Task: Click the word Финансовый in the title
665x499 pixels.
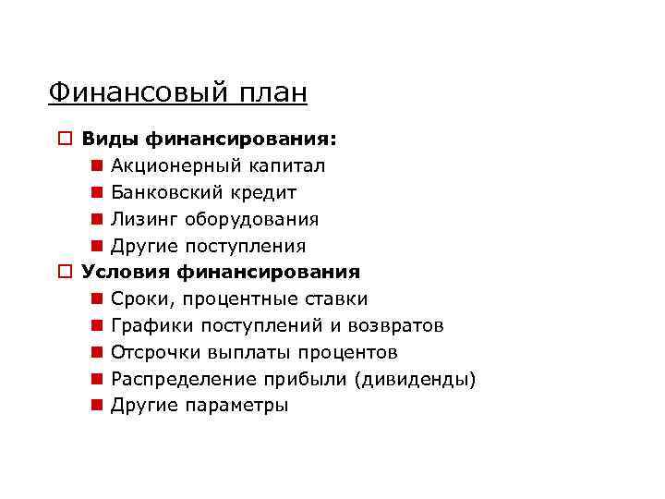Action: pos(128,93)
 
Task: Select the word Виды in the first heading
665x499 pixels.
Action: pos(104,140)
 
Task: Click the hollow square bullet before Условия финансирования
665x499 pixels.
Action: pos(64,273)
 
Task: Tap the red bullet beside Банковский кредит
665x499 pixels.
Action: pos(97,193)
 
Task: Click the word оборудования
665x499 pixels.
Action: pos(251,220)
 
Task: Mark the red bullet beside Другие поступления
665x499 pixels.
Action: pos(97,247)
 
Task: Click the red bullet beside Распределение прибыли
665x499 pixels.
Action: pos(97,380)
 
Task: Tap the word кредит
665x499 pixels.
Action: pos(266,193)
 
